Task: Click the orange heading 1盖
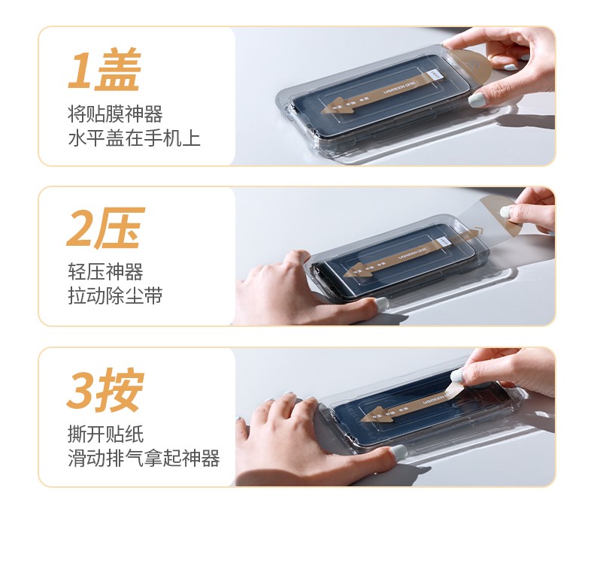click(105, 71)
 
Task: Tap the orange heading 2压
click(105, 230)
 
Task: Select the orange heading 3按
click(105, 391)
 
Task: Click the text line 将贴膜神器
click(115, 114)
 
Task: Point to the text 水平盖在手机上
click(134, 138)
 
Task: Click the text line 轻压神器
click(105, 272)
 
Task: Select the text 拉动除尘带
click(115, 296)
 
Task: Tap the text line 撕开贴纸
click(105, 434)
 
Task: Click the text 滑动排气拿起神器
click(144, 458)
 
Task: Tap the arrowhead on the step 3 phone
click(372, 413)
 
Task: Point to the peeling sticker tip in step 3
click(455, 388)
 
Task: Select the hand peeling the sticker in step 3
click(511, 370)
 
